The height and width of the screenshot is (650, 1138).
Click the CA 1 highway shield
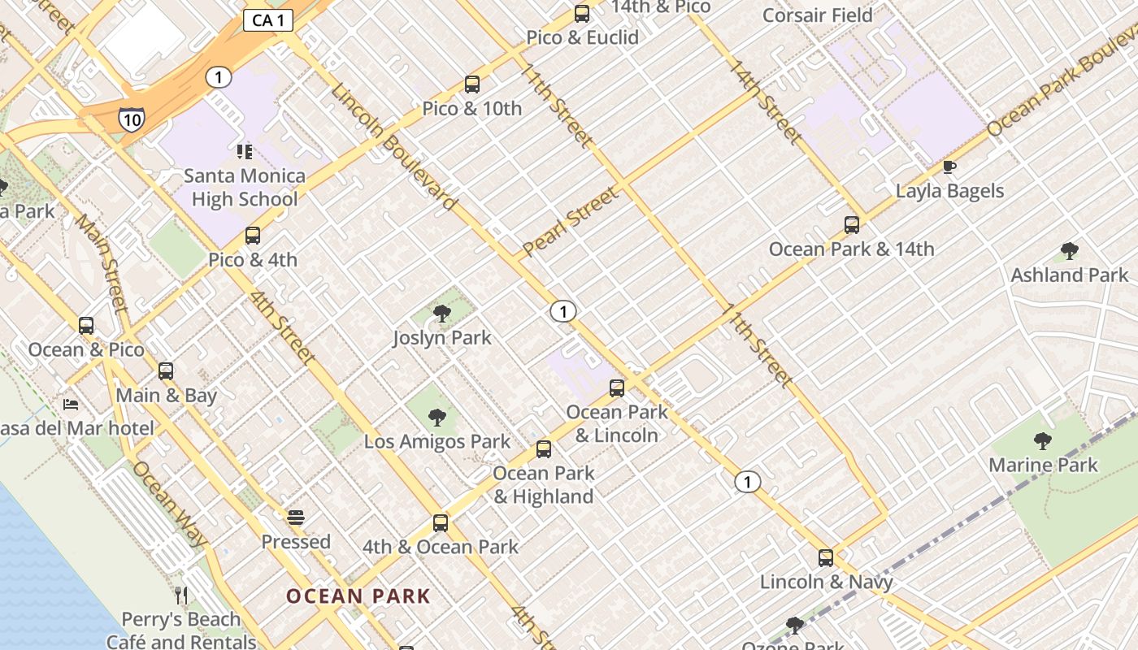[x=268, y=20]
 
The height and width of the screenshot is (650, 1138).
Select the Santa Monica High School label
[x=244, y=188]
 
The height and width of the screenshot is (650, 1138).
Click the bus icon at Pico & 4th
[x=253, y=236]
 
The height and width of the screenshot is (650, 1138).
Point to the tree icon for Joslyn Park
[x=442, y=313]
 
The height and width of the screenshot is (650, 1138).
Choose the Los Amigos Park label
[x=437, y=442]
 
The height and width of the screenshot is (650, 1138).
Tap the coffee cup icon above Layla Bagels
[x=949, y=167]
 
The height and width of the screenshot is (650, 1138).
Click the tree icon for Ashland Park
[x=1069, y=251]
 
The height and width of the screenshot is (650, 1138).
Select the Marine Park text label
[x=1043, y=466]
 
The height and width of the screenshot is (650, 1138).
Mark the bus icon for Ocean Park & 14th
[x=852, y=225]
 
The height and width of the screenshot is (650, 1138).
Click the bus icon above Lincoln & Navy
[x=826, y=558]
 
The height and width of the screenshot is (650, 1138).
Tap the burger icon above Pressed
[x=296, y=518]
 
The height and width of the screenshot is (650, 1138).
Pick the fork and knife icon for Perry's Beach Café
[x=181, y=596]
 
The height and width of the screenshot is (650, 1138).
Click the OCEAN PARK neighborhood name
[x=358, y=596]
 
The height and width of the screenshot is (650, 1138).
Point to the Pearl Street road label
[x=571, y=221]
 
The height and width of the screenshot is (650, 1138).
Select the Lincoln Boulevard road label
[x=393, y=146]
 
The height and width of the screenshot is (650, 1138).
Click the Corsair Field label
[x=818, y=15]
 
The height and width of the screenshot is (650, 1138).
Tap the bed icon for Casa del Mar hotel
[x=72, y=404]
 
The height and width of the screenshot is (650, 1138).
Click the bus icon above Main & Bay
[x=166, y=371]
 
